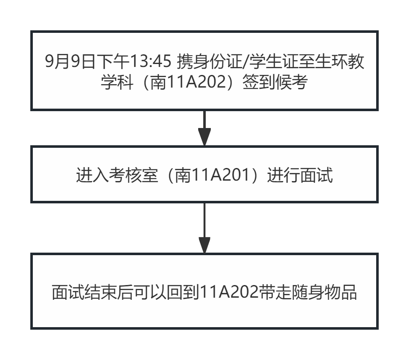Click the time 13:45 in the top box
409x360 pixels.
click(x=150, y=61)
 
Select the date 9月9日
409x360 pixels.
click(x=70, y=61)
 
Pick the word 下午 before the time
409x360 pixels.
click(x=112, y=61)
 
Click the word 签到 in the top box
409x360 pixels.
click(x=258, y=82)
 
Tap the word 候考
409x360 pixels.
click(x=291, y=82)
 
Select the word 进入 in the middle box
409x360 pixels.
click(x=92, y=175)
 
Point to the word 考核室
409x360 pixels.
click(x=133, y=175)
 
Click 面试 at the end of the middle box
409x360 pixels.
click(x=316, y=175)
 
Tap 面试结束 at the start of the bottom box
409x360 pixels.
click(x=85, y=292)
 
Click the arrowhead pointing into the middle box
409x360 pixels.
click(x=204, y=136)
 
